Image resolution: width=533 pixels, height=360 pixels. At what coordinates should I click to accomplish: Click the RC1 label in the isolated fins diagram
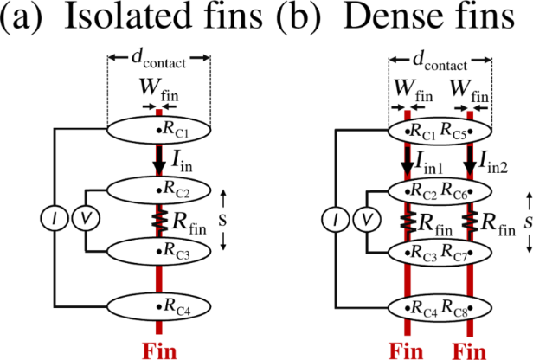(176, 132)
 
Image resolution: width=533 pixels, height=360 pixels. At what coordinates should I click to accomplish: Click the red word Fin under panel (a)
(159, 350)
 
